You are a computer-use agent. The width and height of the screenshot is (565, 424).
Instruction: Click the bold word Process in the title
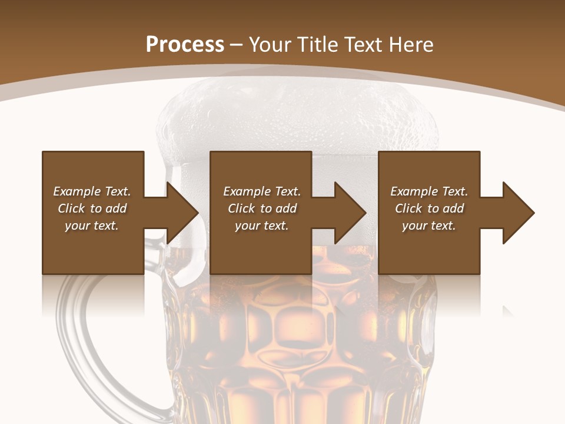point(185,45)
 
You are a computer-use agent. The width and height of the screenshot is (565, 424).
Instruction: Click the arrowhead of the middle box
point(350,213)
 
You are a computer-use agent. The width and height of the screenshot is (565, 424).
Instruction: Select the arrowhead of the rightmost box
point(518,213)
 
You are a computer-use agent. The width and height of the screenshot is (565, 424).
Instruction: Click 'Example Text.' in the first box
point(92,191)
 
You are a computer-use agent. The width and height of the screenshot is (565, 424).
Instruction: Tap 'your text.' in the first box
point(92,226)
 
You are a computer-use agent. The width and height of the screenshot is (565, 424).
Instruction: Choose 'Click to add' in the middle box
point(262,208)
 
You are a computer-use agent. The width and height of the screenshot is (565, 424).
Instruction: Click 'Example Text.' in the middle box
point(262,191)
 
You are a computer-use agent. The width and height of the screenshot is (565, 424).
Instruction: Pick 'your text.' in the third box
point(429,226)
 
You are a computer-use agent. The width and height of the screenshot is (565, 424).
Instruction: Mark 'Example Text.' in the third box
point(429,191)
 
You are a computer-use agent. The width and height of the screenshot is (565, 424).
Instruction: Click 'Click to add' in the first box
point(92,208)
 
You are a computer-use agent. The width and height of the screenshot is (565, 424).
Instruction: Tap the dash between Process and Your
point(237,45)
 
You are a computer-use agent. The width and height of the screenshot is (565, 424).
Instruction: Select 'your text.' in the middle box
point(262,226)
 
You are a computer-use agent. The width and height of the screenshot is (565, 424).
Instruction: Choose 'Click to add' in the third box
point(429,208)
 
